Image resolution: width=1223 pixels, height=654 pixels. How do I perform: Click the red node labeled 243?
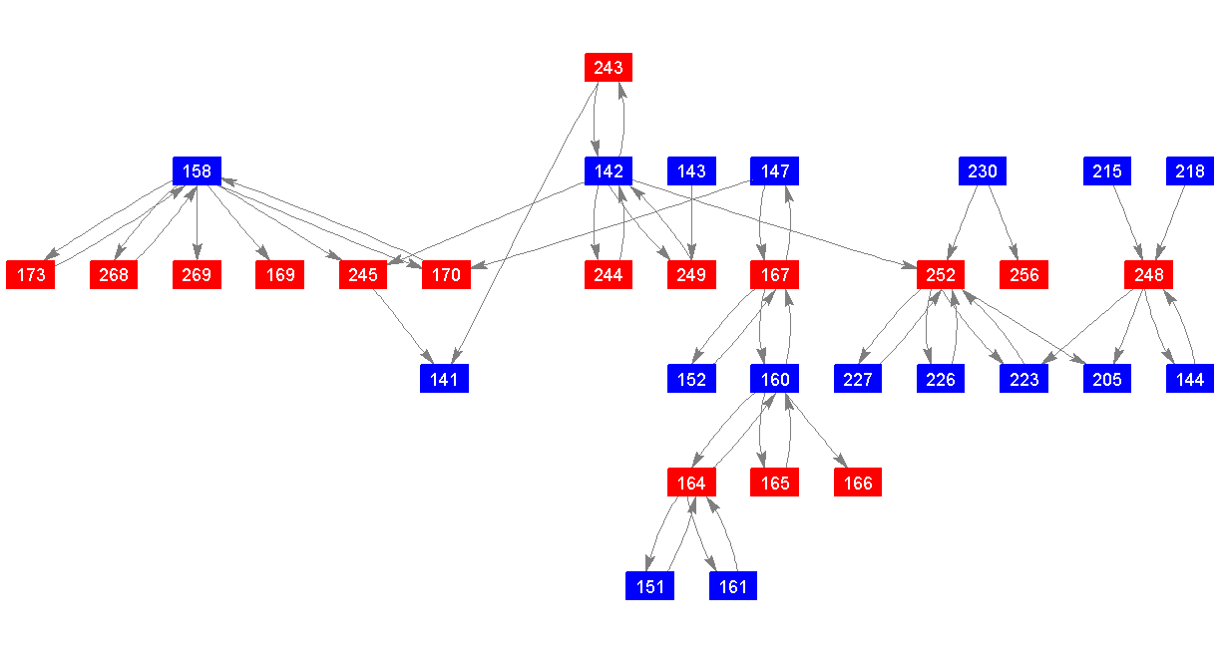(x=609, y=68)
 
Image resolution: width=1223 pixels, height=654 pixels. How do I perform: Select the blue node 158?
(x=198, y=171)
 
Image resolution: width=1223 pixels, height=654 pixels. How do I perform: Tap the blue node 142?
(x=609, y=171)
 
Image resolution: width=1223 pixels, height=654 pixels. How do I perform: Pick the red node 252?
(x=941, y=275)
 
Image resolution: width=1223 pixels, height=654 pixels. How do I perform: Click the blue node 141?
(x=444, y=379)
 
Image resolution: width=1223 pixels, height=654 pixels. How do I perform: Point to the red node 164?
(x=691, y=483)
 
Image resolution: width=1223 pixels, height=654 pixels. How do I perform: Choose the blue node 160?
(x=775, y=379)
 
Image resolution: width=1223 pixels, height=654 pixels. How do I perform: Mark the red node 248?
(x=1148, y=275)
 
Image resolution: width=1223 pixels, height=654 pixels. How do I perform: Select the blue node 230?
(x=983, y=171)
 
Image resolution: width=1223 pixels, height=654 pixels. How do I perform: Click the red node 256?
(x=1024, y=275)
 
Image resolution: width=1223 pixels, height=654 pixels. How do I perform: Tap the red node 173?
(x=31, y=275)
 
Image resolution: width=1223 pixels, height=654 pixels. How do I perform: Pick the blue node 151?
(x=649, y=586)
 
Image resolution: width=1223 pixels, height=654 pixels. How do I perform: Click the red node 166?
(x=858, y=483)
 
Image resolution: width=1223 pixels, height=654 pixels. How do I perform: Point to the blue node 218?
(x=1190, y=171)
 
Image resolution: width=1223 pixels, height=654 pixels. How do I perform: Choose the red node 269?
(x=198, y=275)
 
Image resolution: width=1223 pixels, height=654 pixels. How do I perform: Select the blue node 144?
(x=1190, y=379)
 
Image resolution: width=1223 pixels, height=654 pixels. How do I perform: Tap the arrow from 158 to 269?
(x=198, y=223)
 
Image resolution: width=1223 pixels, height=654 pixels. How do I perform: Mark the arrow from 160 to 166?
(x=817, y=431)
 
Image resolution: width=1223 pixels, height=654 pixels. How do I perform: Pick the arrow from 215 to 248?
(x=1127, y=223)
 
